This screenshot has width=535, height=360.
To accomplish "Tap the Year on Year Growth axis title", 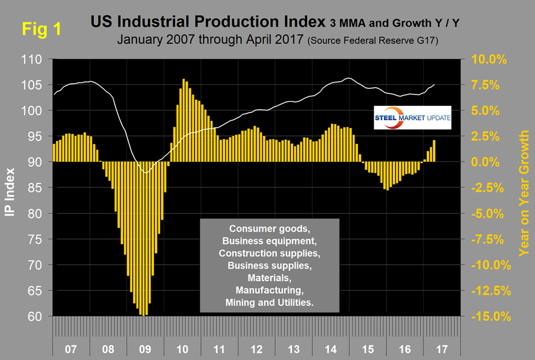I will pyautogui.click(x=524, y=188).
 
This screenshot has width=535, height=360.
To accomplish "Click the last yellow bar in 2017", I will pyautogui.click(x=434, y=151).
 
